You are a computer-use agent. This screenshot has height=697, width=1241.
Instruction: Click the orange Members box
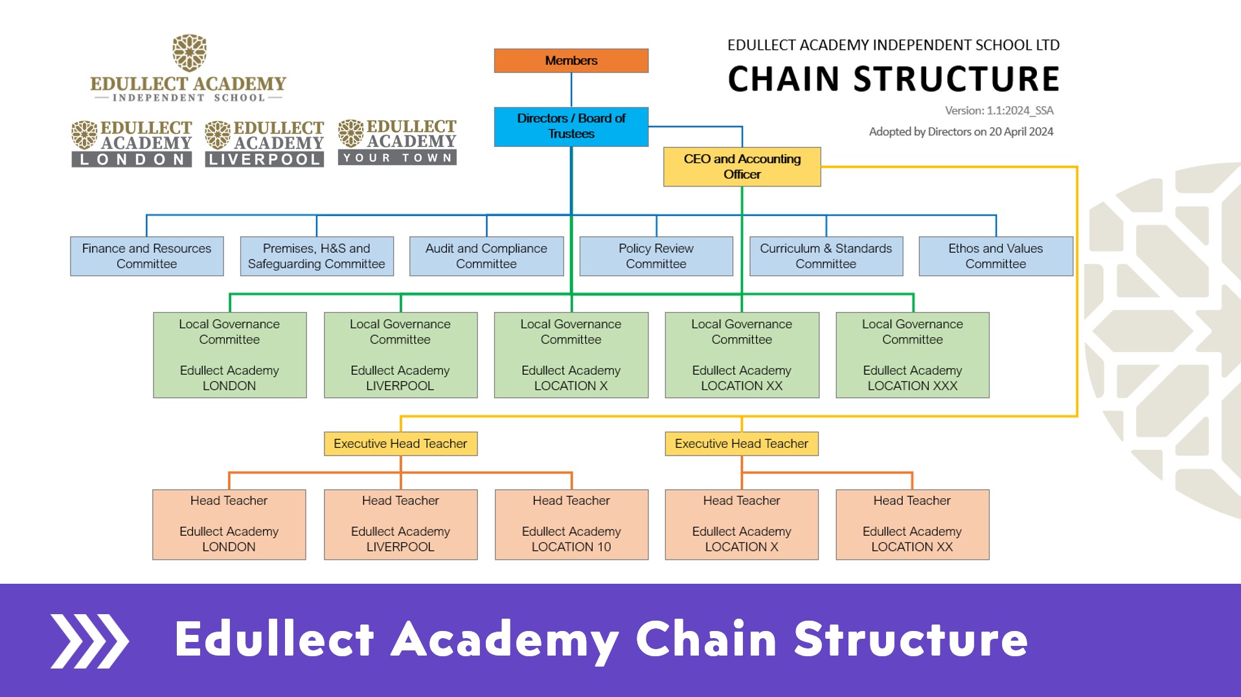click(x=571, y=61)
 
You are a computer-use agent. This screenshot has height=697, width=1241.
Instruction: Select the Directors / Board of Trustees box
click(x=571, y=127)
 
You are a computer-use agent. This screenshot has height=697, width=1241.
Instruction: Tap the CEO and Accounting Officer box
click(x=742, y=167)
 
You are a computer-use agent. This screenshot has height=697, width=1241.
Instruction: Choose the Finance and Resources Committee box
click(x=147, y=256)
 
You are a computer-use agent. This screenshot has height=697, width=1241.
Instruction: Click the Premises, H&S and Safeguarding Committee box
click(x=317, y=256)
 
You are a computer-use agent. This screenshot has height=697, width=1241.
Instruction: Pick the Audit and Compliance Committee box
click(x=486, y=256)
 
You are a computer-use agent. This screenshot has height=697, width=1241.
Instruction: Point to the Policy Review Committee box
click(x=656, y=256)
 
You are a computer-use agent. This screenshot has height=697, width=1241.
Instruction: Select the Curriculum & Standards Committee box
click(x=826, y=256)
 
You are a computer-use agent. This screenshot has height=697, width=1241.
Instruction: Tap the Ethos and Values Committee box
click(x=996, y=256)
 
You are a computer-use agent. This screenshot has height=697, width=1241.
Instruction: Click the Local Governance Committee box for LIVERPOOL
click(x=400, y=355)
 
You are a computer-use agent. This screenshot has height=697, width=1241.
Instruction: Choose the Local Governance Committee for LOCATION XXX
click(x=913, y=355)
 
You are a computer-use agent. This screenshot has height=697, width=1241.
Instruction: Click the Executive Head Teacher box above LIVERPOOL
click(x=400, y=444)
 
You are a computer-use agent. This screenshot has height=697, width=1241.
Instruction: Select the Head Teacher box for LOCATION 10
click(x=571, y=524)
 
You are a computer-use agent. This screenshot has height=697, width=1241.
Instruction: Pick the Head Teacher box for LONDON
click(x=229, y=524)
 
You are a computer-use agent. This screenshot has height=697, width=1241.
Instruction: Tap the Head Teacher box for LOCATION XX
click(x=913, y=524)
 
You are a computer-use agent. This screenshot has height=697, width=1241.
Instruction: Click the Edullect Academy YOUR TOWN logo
click(x=397, y=142)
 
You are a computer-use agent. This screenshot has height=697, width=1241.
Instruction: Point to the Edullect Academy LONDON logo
click(x=131, y=143)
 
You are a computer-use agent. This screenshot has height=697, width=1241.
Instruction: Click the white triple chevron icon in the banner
click(x=89, y=641)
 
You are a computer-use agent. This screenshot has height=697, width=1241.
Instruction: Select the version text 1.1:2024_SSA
click(x=1020, y=111)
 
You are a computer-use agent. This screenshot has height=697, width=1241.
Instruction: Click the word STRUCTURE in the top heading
click(x=956, y=79)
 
